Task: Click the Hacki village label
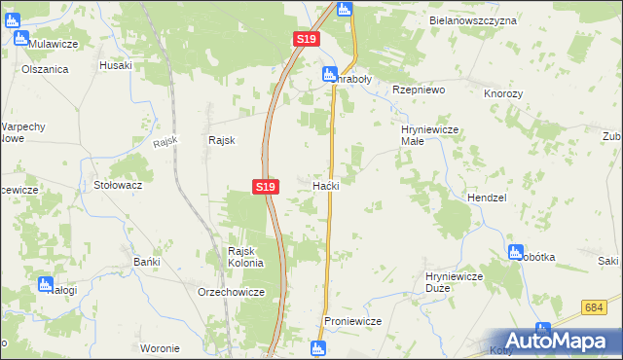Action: coord(325,185)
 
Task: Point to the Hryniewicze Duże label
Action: coord(455,283)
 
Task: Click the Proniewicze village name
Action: coord(351,321)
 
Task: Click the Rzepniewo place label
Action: coord(418,89)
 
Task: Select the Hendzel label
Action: coord(487,197)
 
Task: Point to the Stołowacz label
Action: coord(118,184)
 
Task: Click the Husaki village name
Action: coord(115,65)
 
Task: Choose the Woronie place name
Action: coord(160,348)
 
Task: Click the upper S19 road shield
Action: coord(306,39)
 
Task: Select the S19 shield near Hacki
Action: coord(266,186)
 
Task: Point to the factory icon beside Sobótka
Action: coord(515,253)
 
